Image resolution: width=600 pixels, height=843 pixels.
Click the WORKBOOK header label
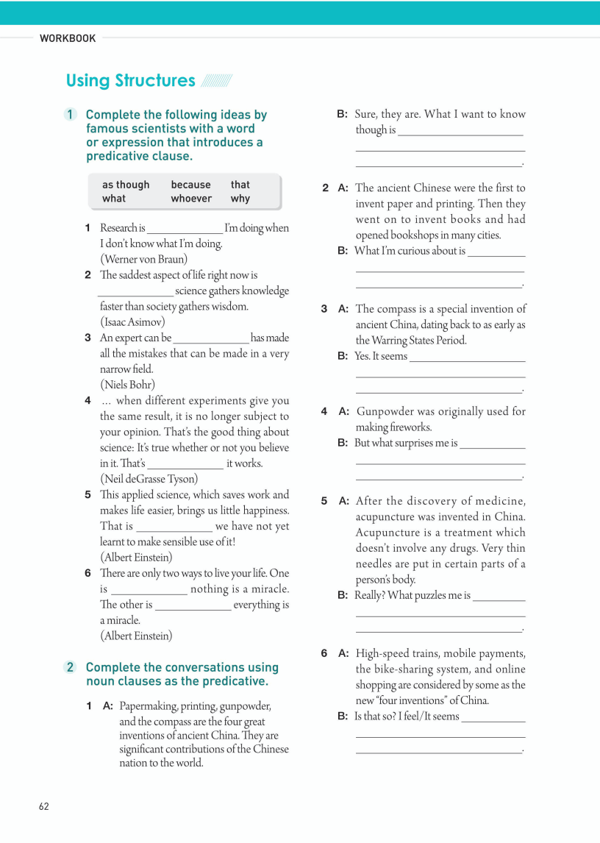point(68,38)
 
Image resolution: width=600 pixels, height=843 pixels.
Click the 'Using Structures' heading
point(130,80)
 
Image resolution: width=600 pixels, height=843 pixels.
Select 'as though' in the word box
point(125,185)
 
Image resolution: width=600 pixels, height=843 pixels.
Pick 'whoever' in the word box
point(191,199)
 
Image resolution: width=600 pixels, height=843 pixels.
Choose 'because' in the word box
point(190,185)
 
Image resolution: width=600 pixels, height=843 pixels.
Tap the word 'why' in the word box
point(240,199)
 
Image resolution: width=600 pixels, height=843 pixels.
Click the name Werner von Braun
point(143,259)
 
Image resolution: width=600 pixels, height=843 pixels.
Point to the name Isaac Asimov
point(132,321)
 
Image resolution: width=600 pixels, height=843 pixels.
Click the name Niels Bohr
point(127,384)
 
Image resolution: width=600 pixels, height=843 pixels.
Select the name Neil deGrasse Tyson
point(149,479)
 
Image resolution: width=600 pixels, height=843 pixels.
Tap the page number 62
point(44,806)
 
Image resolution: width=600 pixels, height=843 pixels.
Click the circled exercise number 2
point(71,667)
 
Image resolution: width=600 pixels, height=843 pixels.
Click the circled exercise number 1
point(71,115)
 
